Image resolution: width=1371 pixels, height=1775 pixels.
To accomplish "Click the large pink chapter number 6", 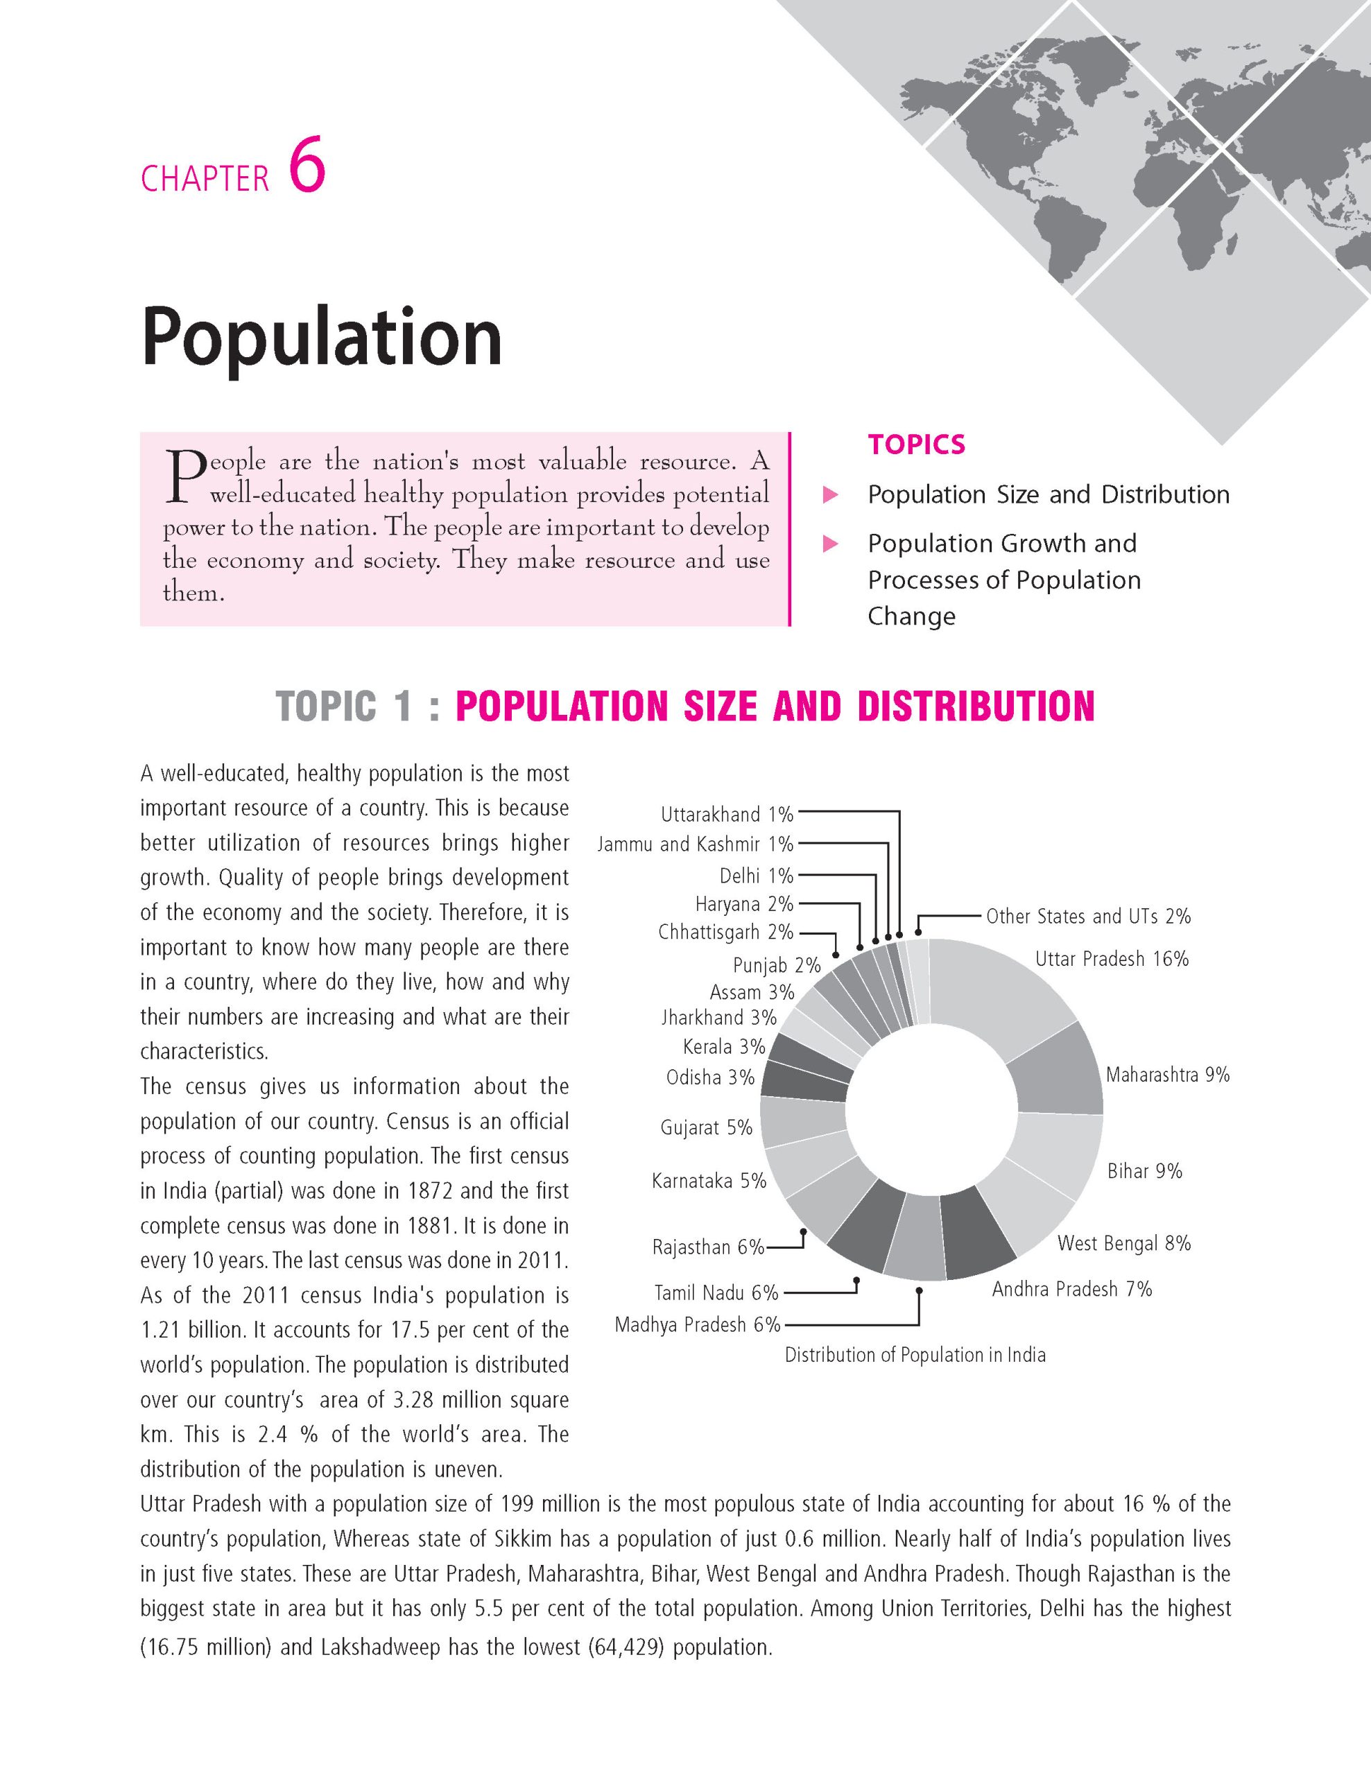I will click(307, 165).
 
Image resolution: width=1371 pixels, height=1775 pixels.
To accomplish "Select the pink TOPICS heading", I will click(916, 444).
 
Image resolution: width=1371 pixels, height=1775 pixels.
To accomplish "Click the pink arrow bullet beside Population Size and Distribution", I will click(831, 495).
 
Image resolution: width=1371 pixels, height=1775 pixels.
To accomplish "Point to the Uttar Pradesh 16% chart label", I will click(1111, 959).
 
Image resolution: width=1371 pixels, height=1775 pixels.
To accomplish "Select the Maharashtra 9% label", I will click(1167, 1075).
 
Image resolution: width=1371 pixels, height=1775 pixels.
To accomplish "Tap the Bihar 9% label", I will click(1144, 1171).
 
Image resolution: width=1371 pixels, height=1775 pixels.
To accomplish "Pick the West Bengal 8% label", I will click(1123, 1242).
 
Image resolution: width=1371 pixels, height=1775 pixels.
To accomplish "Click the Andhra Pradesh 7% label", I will click(1071, 1289).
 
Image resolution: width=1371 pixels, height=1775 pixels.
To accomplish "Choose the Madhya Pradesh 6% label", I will click(697, 1325).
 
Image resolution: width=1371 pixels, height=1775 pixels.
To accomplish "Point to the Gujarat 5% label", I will click(706, 1127).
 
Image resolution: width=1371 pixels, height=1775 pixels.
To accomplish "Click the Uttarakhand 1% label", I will click(727, 815).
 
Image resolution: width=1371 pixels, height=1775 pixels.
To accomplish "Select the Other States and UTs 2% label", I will click(1087, 917).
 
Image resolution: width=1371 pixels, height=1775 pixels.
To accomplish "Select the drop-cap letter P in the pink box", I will click(184, 476).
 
